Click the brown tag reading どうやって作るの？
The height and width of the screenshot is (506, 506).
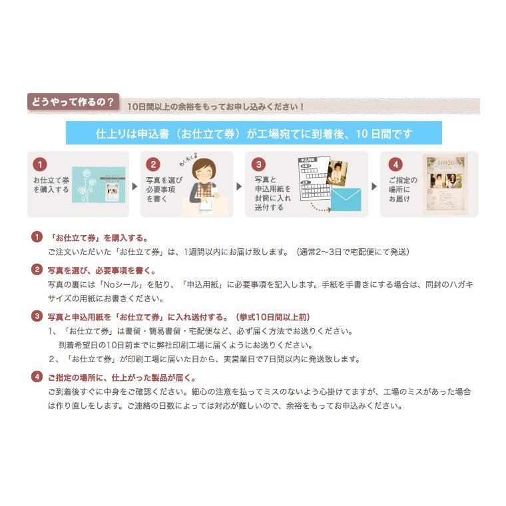[x=73, y=103]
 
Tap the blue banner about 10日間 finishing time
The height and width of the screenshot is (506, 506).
[x=254, y=134]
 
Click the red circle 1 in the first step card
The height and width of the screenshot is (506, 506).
[x=42, y=164]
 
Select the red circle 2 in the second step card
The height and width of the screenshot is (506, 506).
[x=154, y=164]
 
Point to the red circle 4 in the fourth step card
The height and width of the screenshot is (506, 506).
[x=395, y=164]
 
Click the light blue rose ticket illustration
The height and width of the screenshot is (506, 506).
[x=97, y=184]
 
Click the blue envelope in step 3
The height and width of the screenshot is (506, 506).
[x=346, y=199]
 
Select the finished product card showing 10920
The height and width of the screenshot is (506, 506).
[x=445, y=184]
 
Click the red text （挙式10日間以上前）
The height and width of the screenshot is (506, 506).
[x=272, y=317]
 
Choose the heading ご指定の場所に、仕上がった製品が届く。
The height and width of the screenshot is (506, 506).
[x=121, y=378]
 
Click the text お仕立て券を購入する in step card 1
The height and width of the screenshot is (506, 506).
[x=51, y=184]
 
